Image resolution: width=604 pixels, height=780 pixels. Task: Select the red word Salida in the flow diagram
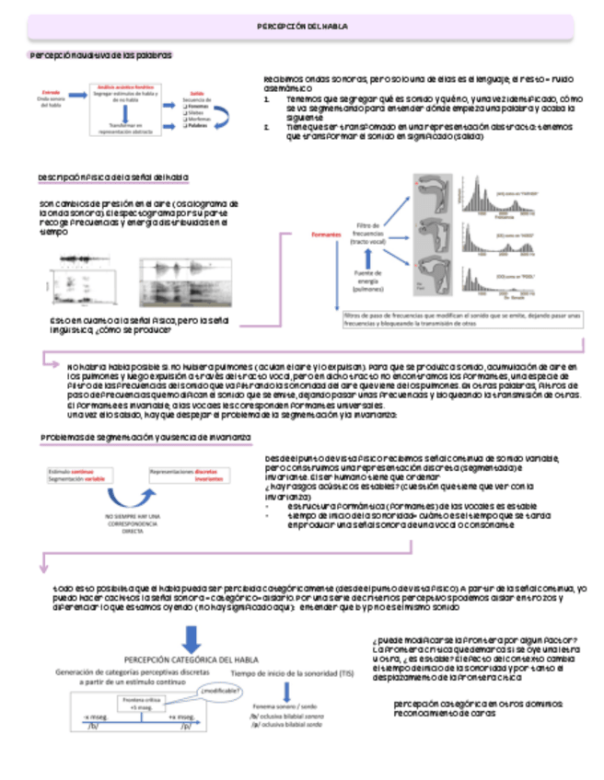click(x=196, y=93)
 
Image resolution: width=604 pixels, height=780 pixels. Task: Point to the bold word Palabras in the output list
click(x=200, y=127)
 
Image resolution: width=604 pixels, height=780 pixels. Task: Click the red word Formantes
click(x=325, y=234)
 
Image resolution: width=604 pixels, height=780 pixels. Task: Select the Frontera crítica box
click(x=134, y=702)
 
